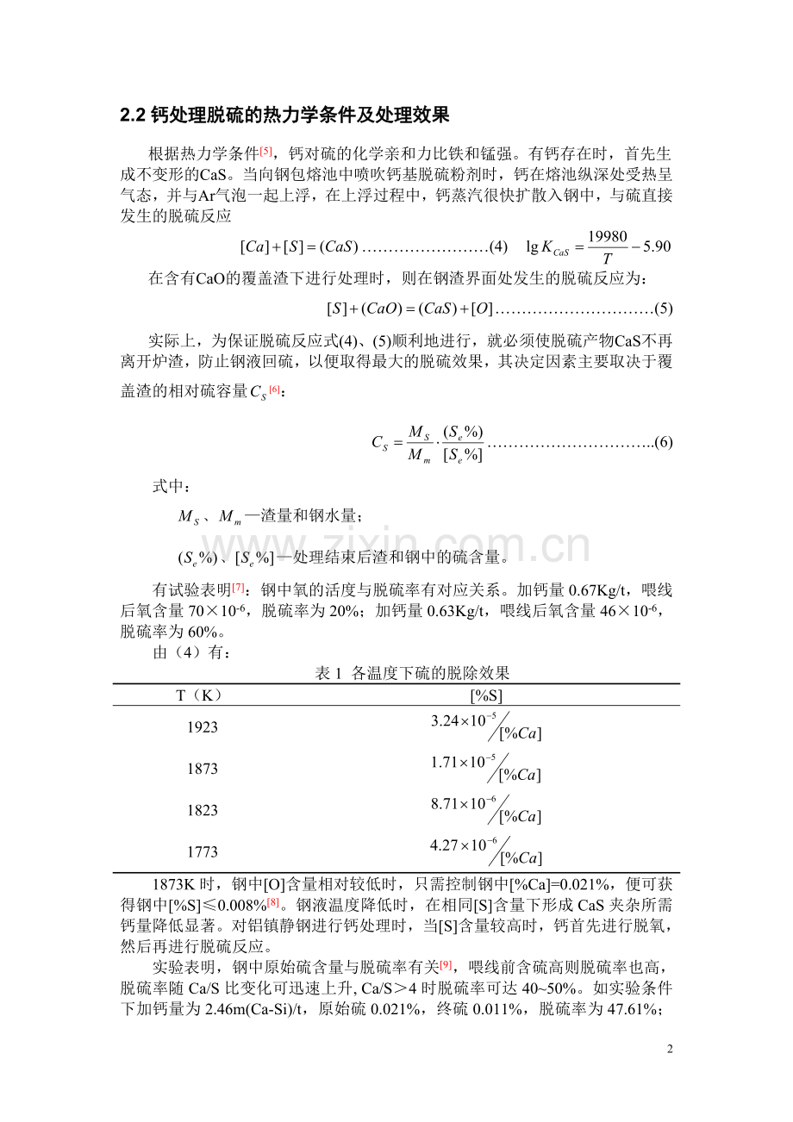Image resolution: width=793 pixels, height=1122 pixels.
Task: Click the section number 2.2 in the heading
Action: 133,115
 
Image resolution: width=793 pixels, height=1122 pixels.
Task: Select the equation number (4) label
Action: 498,247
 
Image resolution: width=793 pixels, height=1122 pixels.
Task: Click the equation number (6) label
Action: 663,443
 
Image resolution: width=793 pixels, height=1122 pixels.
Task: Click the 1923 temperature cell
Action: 203,727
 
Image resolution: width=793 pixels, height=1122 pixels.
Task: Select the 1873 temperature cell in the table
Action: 203,769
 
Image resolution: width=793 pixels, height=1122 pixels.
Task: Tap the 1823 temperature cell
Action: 203,810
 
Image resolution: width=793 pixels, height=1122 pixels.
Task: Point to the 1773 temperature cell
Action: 203,851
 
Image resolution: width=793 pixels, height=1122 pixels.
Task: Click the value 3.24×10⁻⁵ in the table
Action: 463,720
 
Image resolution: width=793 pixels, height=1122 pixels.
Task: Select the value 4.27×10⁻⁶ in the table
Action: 463,845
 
